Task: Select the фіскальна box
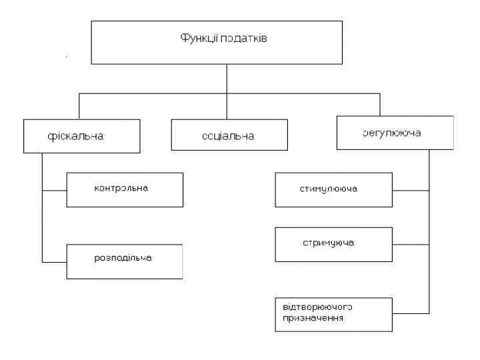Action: pyautogui.click(x=82, y=136)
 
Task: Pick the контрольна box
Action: pyautogui.click(x=125, y=189)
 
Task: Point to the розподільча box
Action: pyautogui.click(x=125, y=260)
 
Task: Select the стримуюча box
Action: pyautogui.click(x=333, y=243)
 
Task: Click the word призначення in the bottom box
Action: pyautogui.click(x=311, y=319)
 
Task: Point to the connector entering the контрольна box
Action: pyautogui.click(x=54, y=189)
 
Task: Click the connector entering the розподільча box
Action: pyautogui.click(x=54, y=260)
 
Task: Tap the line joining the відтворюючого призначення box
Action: pyautogui.click(x=411, y=313)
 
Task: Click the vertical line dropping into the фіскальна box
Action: pyautogui.click(x=80, y=107)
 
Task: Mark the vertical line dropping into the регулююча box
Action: pyautogui.click(x=380, y=105)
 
